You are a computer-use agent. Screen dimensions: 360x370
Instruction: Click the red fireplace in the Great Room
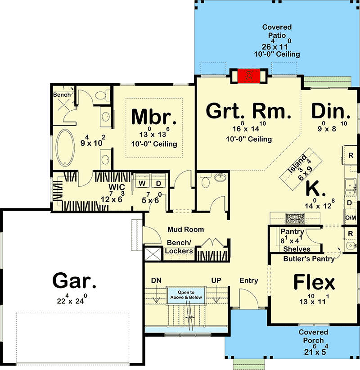(249, 76)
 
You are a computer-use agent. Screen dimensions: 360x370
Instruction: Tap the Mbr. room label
(154, 117)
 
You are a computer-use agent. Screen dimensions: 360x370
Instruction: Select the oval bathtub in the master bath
(65, 148)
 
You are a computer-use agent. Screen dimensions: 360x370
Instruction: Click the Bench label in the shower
(62, 95)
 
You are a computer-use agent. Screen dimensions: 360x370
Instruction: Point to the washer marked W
(142, 183)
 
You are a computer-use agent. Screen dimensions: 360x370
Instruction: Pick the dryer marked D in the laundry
(158, 183)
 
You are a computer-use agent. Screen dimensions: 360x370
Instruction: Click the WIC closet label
(117, 187)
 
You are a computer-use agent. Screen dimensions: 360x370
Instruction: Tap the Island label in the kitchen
(297, 163)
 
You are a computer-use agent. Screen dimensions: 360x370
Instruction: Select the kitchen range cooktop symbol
(295, 219)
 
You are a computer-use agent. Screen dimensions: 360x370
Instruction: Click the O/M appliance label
(351, 217)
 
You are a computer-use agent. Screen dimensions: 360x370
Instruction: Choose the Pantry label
(292, 232)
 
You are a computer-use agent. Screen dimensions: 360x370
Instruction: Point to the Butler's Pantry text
(309, 259)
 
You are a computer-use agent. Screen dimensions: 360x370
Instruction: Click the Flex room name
(314, 282)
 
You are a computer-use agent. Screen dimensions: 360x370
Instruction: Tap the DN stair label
(156, 280)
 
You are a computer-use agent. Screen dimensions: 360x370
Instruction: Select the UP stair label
(216, 280)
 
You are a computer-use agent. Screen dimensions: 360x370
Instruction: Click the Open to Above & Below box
(186, 295)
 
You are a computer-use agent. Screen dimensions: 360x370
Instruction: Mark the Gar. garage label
(74, 280)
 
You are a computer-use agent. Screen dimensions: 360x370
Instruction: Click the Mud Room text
(186, 230)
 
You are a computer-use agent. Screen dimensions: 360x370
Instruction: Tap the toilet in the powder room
(206, 180)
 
